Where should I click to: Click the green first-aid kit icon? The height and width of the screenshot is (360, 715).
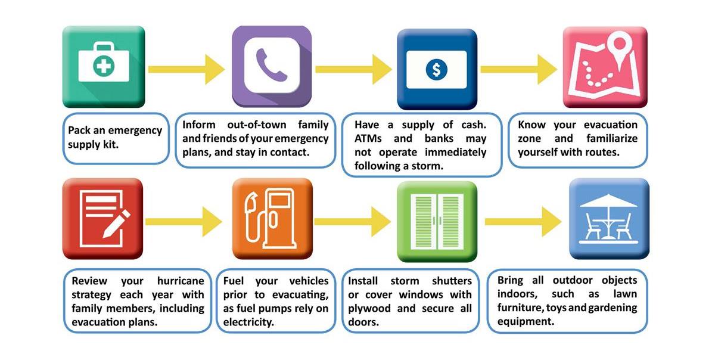[104, 66]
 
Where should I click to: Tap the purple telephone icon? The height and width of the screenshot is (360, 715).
[272, 66]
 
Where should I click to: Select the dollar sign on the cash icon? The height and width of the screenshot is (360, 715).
[436, 70]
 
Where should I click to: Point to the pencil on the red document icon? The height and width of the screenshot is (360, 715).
[116, 224]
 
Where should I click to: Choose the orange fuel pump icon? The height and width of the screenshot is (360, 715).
[272, 219]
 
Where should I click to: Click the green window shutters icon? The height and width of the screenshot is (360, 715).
[437, 221]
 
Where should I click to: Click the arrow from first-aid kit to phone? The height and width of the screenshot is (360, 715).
[186, 69]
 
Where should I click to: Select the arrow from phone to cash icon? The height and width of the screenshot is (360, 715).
[354, 69]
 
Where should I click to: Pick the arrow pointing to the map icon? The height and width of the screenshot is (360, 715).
[519, 69]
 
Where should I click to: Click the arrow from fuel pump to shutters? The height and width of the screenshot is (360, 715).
[352, 222]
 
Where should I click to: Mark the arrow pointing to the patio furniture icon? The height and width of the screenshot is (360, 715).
[523, 222]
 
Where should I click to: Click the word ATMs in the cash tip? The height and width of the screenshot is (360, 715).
[368, 138]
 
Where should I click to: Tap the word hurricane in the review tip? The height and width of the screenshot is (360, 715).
[181, 281]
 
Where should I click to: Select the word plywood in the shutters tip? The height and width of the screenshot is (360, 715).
[369, 309]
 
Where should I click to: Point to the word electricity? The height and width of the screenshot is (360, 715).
[248, 322]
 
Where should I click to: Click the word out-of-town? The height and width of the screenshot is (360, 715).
[257, 125]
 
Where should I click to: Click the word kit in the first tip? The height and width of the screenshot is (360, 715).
[110, 144]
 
